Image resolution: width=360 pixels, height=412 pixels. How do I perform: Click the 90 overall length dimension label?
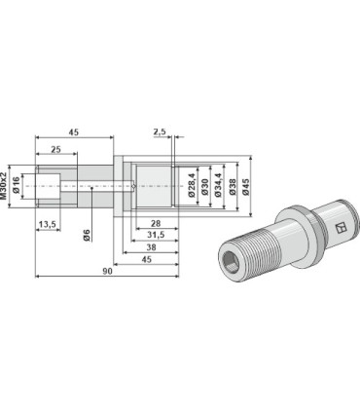click(107, 272)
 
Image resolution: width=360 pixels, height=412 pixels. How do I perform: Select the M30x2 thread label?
click(4, 186)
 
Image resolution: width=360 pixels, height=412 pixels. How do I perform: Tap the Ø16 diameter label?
click(18, 186)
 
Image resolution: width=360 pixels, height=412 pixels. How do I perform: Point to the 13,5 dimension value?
click(48, 224)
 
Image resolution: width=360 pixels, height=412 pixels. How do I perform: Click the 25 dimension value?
click(56, 149)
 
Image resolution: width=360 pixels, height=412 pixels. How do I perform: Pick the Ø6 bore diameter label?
click(87, 235)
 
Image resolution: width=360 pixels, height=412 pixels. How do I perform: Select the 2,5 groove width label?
click(160, 131)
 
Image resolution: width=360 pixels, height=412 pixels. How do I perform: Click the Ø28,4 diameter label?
click(191, 186)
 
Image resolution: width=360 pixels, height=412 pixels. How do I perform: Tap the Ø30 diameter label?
click(204, 186)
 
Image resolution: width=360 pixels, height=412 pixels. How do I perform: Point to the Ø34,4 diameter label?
click(218, 186)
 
